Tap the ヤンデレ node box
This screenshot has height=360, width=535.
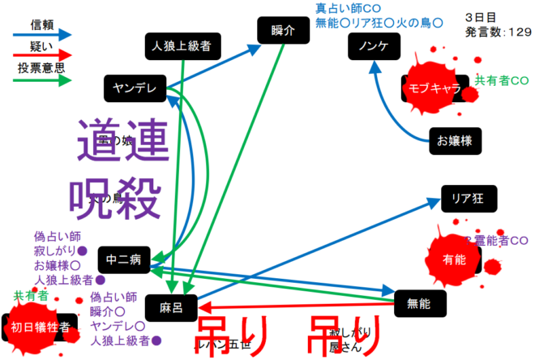point(135,88)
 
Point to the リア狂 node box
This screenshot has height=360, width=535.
point(467,198)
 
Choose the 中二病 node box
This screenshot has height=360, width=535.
point(124,259)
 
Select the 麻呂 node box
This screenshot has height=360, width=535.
point(171,307)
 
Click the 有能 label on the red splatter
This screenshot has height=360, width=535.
point(455,259)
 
